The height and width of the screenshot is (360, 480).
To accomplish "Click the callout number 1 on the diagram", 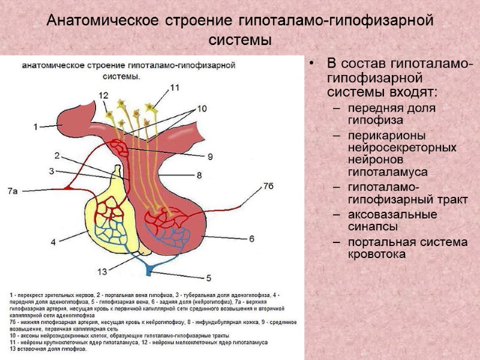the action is (35, 127).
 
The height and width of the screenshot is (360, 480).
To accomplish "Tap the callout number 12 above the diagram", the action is (104, 95).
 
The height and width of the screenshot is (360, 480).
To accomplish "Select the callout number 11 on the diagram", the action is (175, 88).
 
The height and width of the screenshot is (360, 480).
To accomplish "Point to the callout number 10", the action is (201, 109).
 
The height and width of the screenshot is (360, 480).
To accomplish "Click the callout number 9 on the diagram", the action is (210, 157).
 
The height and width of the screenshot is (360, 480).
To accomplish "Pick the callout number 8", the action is (199, 176).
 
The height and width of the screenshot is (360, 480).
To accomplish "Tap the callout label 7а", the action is (13, 191).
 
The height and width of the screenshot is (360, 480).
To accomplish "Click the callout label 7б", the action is (268, 187).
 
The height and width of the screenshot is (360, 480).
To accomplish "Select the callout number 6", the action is (251, 238).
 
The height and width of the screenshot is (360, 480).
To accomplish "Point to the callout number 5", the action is (209, 278).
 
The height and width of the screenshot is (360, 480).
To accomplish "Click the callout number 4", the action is (53, 242).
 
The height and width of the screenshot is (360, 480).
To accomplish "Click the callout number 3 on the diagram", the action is (52, 171).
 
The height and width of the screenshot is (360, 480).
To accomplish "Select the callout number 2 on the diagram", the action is (56, 156).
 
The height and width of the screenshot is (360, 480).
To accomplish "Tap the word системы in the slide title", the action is (240, 41).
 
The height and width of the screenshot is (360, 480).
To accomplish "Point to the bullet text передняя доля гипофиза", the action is (382, 114).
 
